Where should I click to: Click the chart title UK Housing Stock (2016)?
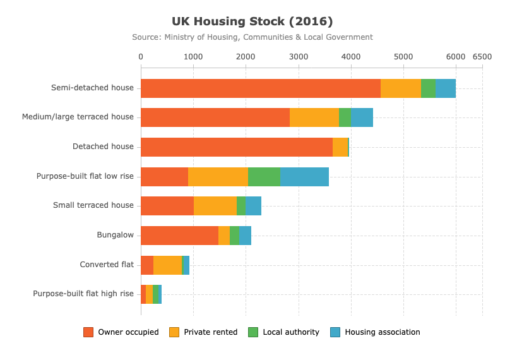tap(252, 21)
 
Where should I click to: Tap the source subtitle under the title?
tap(252, 37)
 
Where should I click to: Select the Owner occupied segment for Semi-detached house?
tap(261, 88)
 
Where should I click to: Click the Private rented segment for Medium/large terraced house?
tap(314, 117)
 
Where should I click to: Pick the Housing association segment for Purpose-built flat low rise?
tap(304, 177)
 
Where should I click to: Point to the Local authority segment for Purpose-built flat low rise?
tap(264, 177)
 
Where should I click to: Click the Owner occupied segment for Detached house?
tap(237, 147)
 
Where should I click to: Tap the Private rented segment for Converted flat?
tap(167, 265)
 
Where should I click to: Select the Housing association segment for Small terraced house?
tap(253, 206)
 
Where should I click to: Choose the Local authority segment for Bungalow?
tap(234, 236)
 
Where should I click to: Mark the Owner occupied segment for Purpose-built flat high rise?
tap(143, 294)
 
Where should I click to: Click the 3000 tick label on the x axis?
tap(299, 57)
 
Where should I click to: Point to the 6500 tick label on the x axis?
tap(482, 57)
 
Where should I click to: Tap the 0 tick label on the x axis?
tap(141, 57)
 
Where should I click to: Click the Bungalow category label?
tap(116, 235)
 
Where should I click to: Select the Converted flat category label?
tap(107, 265)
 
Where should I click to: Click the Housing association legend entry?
tap(375, 332)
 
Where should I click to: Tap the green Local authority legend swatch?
tap(253, 332)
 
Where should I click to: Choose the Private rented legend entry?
tap(203, 332)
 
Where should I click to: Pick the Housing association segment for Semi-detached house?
tap(446, 88)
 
